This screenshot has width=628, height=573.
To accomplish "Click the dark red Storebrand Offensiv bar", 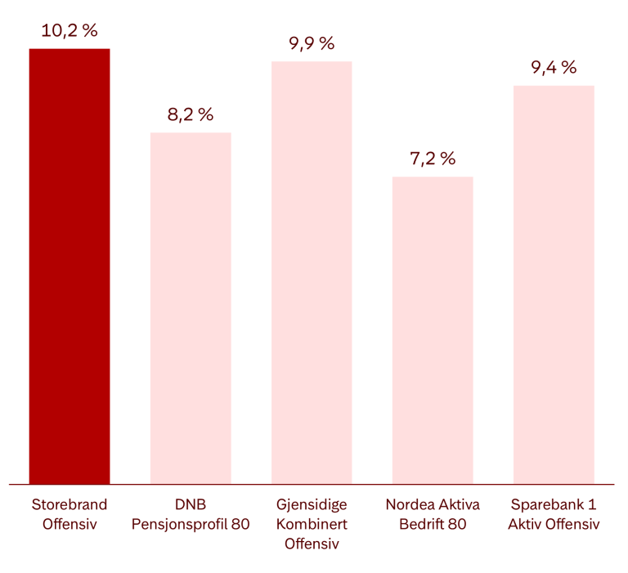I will click(x=70, y=266).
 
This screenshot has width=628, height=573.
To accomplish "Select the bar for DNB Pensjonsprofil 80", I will click(x=191, y=307).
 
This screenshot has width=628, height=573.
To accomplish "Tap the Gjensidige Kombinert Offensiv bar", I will click(x=312, y=272).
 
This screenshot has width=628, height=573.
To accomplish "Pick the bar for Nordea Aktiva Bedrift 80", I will click(x=433, y=329).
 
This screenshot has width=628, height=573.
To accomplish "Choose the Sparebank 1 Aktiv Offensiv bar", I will click(x=554, y=284).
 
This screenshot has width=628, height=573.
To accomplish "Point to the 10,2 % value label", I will click(x=70, y=31).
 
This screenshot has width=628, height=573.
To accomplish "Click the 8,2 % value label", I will click(x=191, y=114).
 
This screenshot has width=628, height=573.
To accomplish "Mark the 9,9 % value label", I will click(x=312, y=44).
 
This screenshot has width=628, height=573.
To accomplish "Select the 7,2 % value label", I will click(x=433, y=159).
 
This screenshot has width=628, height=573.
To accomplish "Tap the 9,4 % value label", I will click(x=554, y=68).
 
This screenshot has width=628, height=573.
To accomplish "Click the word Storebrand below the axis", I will click(x=70, y=504).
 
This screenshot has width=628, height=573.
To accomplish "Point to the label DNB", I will click(x=191, y=504).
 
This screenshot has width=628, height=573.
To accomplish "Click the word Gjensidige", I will click(x=312, y=504).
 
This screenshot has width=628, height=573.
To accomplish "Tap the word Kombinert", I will click(x=312, y=524).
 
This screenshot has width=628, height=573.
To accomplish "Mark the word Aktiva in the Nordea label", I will click(x=457, y=504).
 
